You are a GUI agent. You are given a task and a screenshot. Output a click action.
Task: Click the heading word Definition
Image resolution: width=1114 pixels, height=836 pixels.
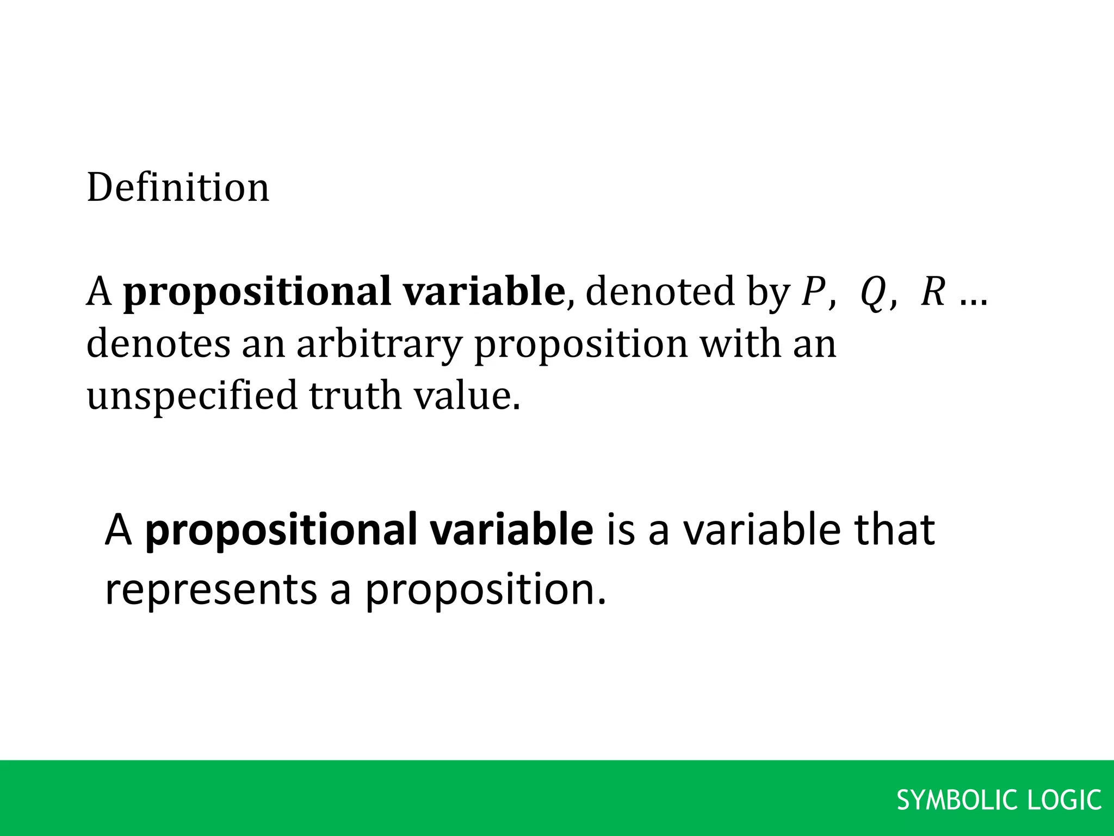tap(178, 187)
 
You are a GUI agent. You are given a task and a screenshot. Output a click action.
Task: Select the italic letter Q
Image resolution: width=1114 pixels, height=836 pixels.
tap(871, 293)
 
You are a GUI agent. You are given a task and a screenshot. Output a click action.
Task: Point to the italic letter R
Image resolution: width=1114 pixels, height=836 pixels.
tap(932, 292)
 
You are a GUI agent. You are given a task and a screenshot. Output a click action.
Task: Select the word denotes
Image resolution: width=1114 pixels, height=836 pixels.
tap(158, 344)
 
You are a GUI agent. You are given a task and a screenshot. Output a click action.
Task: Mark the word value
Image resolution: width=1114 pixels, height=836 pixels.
tap(467, 395)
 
